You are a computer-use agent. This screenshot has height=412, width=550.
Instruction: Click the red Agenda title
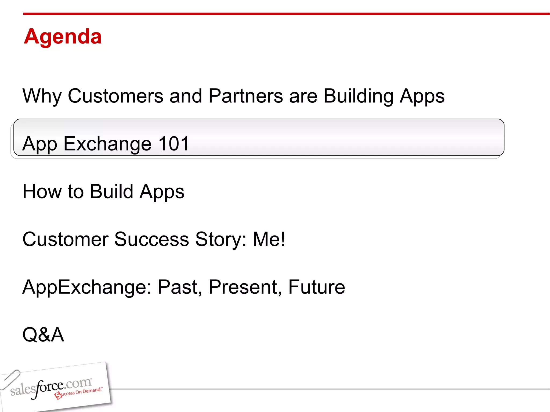point(63,36)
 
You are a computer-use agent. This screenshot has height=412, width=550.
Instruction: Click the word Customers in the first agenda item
point(115,96)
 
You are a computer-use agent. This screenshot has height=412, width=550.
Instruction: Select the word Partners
point(245,96)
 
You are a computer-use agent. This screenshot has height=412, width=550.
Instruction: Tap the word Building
point(358,96)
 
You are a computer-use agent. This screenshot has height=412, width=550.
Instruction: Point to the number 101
point(174,144)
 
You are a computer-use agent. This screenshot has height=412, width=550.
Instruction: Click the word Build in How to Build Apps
point(111,192)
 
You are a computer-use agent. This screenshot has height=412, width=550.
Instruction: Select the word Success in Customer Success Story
point(151,239)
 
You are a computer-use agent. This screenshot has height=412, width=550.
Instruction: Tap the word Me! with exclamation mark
point(269,239)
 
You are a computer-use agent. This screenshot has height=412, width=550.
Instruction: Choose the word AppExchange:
point(87,287)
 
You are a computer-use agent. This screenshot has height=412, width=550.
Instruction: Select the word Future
point(317,287)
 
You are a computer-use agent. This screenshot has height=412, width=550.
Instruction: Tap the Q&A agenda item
point(43,335)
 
